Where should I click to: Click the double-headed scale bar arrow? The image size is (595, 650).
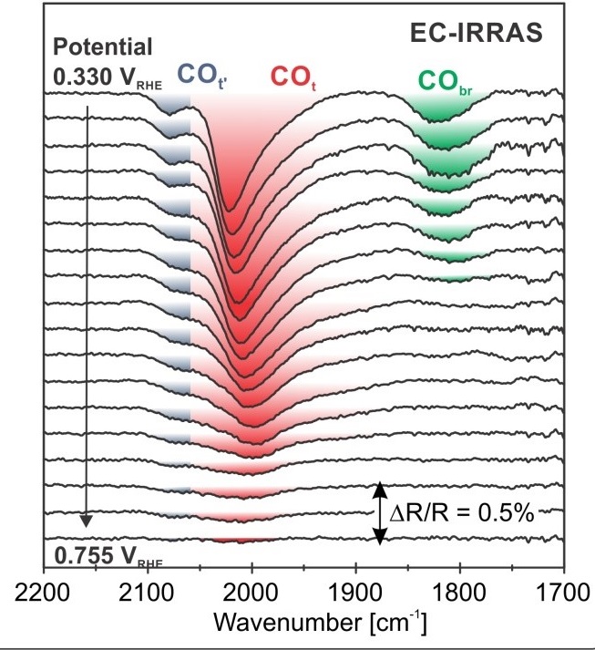381,513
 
